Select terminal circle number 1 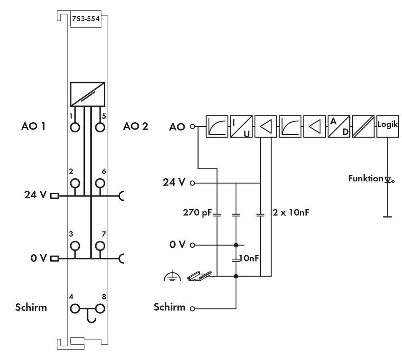75,127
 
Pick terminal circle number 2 75,183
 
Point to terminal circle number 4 75,309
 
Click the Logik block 387,126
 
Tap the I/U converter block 241,126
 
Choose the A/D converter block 338,126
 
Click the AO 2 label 135,126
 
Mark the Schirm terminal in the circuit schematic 192,309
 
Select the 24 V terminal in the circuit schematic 192,183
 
